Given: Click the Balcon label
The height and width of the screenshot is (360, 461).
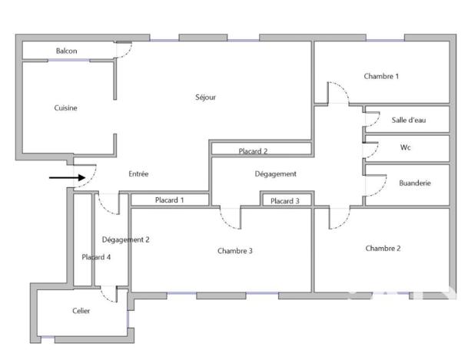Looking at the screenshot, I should pos(66,51).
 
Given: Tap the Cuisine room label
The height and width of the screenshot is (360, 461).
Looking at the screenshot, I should pos(65,108).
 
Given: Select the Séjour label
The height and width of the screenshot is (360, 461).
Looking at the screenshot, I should pos(205,97).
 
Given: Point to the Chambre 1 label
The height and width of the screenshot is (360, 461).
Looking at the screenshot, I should pos(381,76).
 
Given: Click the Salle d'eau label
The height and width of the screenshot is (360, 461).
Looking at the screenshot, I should pos(409,120).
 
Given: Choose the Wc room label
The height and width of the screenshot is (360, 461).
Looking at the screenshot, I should pos(406,147).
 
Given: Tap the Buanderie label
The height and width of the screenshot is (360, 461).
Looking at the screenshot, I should pos(415,183).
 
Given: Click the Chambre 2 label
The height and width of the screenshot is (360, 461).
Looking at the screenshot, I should pos(383,248).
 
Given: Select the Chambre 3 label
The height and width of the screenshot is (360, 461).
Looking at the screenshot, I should pos(234,251).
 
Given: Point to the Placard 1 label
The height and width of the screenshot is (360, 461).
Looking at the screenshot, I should pos(170,200).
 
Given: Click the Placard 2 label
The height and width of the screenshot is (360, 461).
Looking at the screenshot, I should pos(253,151).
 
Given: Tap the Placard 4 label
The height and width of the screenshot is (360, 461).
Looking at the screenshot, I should pos(97,257).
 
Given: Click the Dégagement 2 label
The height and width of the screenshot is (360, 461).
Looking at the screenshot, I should pos(125,239).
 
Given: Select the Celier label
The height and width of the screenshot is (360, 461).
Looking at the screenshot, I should pos(81,311).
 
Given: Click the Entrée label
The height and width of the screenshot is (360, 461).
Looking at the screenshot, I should pos(138,174).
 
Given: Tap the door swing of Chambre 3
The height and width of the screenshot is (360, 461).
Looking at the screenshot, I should pos(228,220).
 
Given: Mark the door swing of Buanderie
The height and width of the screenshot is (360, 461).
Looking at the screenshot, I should pos(376,183).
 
